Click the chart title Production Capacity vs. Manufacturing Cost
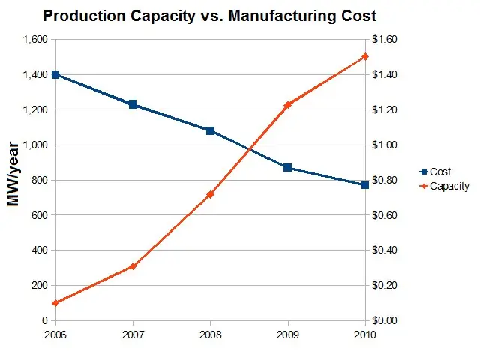click(209, 15)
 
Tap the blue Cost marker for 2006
click(55, 75)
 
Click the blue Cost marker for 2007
click(133, 104)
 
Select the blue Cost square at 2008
click(210, 130)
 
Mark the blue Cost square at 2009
click(287, 167)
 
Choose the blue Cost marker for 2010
click(365, 185)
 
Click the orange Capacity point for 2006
click(55, 303)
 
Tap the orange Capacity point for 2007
click(133, 266)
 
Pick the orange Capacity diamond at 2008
click(210, 194)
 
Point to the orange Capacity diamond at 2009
click(287, 105)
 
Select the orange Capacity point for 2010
click(365, 56)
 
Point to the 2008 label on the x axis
click(210, 332)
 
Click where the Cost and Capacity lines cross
click(250, 149)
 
